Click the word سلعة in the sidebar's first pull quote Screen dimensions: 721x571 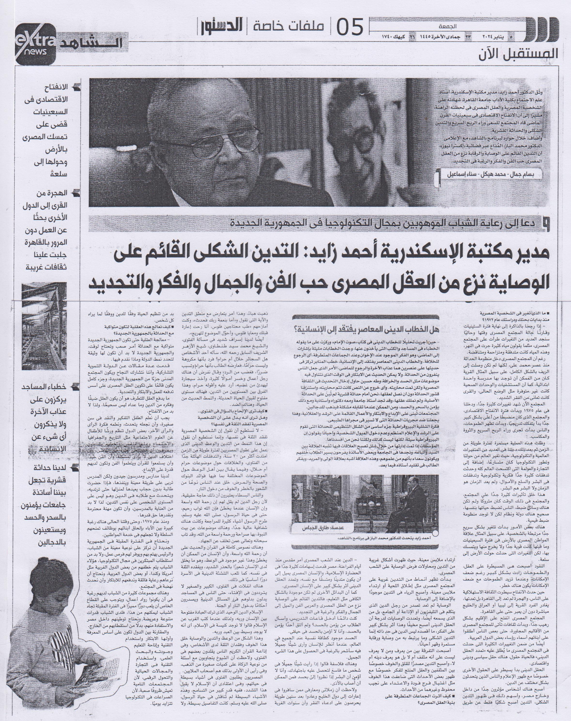[59, 174]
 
